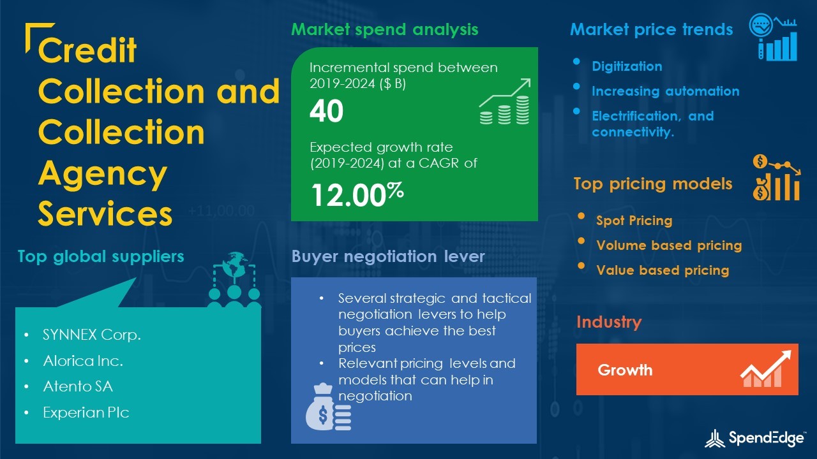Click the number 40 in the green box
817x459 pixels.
[326, 111]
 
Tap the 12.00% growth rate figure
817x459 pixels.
[357, 194]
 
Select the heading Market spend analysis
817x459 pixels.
[384, 29]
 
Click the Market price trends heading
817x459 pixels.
[652, 29]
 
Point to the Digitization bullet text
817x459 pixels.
[627, 66]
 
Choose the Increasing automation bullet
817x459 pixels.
[665, 91]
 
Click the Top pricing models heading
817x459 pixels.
[653, 184]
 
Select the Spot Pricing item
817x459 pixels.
[634, 221]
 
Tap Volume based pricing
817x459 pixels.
[669, 245]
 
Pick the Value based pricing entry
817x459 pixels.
[663, 270]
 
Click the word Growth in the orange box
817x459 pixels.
[625, 370]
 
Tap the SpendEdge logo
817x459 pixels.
[755, 438]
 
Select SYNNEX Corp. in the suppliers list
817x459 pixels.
[91, 335]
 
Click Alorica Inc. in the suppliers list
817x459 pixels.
[83, 361]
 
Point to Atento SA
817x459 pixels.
[78, 386]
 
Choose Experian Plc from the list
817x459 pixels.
[86, 412]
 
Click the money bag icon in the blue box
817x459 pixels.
[328, 407]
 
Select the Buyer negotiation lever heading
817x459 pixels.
[387, 256]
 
